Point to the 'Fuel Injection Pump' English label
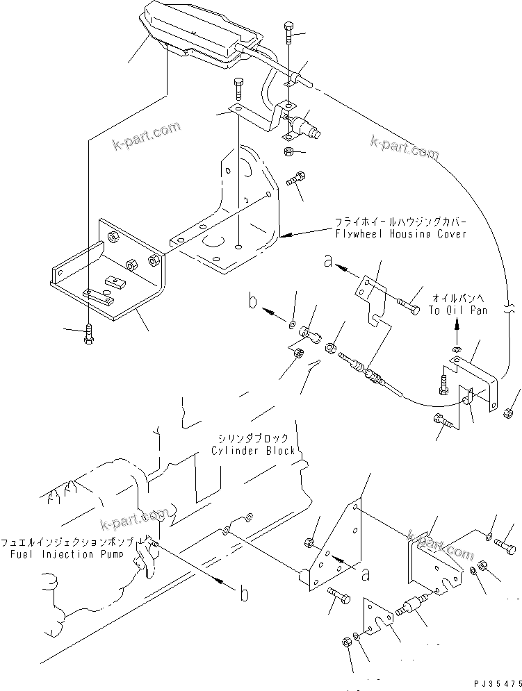pos(67,555)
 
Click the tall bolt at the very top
pos(288,35)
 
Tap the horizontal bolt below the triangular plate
pos(337,597)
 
